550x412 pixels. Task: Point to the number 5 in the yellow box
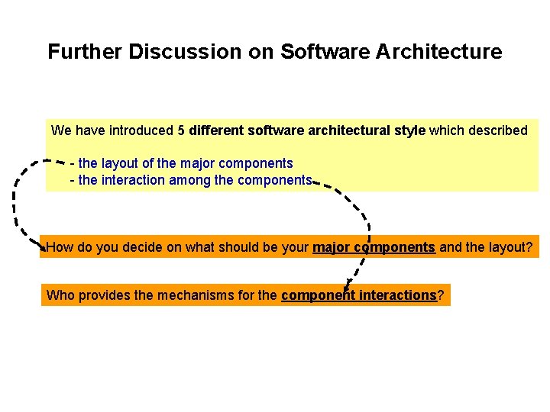181,130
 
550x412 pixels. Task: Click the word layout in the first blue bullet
121,163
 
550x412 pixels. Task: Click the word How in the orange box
60,247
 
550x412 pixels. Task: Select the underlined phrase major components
374,247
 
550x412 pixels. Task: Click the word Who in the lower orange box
60,295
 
